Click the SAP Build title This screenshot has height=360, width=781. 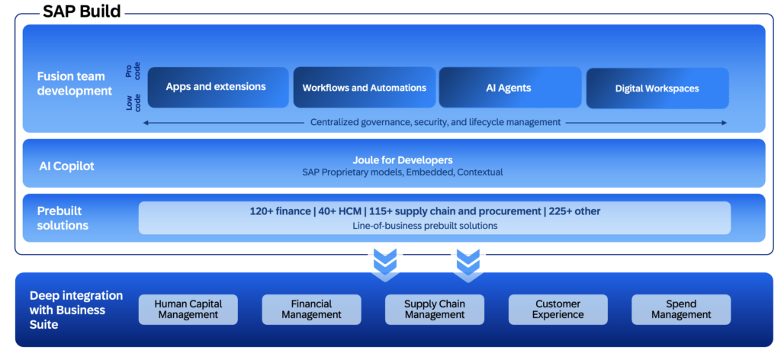click(x=82, y=11)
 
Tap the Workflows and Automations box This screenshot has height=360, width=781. click(x=365, y=87)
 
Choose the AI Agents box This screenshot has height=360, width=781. click(x=510, y=87)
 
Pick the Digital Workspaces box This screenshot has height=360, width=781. click(x=657, y=88)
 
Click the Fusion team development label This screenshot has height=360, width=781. click(x=74, y=84)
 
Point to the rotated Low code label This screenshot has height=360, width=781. click(x=133, y=101)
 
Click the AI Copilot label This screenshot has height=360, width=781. click(x=67, y=166)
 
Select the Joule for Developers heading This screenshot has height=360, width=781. click(x=403, y=160)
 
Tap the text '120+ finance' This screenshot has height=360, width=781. click(x=280, y=211)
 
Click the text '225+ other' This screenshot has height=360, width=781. click(x=575, y=211)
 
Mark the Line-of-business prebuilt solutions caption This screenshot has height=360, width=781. click(x=425, y=226)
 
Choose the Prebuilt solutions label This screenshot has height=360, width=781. click(x=63, y=218)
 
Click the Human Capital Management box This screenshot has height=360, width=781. click(x=188, y=309)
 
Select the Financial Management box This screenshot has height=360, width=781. click(x=311, y=309)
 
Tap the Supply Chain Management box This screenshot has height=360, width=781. click(x=434, y=309)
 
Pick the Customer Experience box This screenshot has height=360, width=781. click(x=558, y=309)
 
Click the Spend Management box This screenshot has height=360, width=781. click(x=681, y=309)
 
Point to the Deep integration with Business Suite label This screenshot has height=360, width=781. click(x=76, y=310)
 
